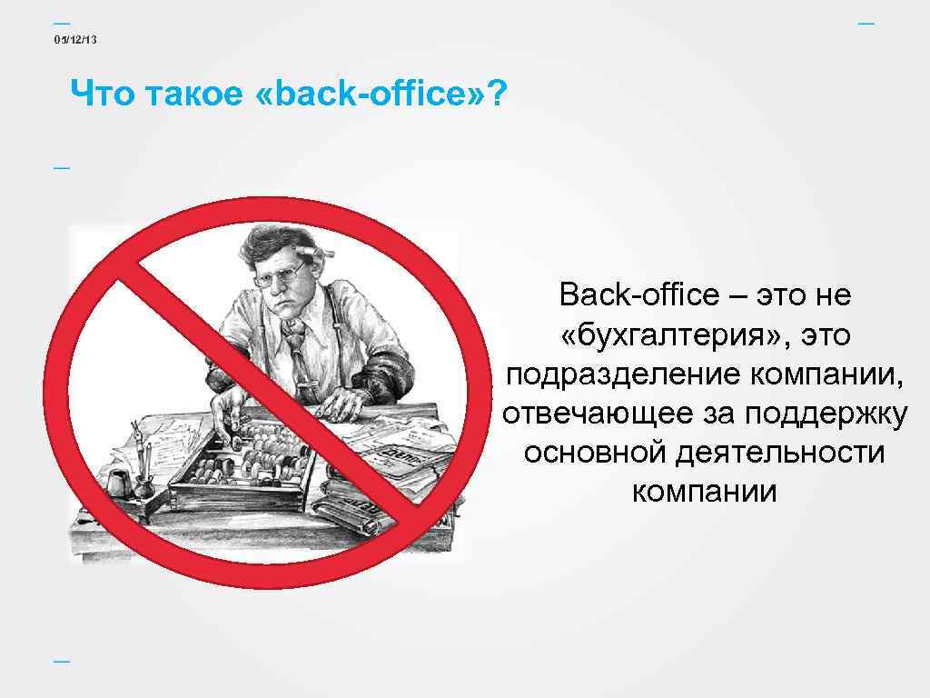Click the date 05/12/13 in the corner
76,39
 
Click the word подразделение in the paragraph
624,374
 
